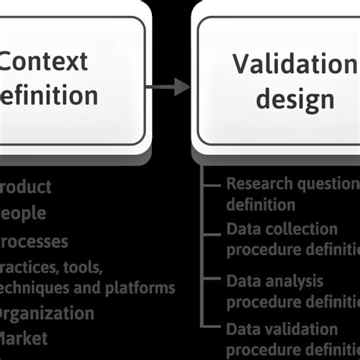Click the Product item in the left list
26,187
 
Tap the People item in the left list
23,213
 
